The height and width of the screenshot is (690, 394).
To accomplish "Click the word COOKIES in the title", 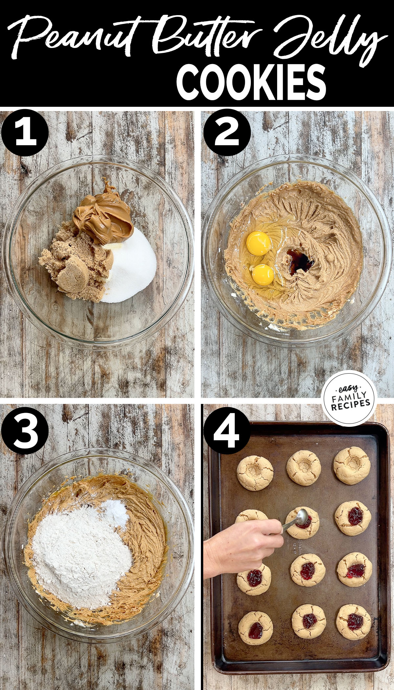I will tap(251, 82).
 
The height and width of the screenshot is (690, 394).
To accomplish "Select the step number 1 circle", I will tap(25, 133).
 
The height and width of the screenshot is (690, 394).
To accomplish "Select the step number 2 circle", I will tap(227, 133).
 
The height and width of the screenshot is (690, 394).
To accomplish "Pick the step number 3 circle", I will tap(25, 430).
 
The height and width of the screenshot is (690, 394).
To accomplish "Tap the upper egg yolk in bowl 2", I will tap(258, 243).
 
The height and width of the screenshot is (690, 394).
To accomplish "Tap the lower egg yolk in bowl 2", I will tap(263, 275).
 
